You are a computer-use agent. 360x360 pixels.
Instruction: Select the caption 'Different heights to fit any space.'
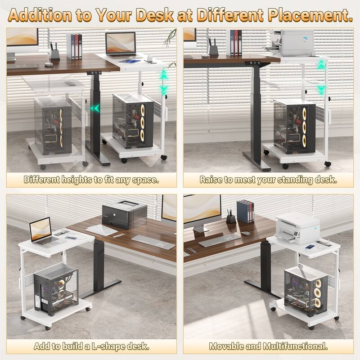tap(91, 180)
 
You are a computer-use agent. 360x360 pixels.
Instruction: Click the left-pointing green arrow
tap(94, 108)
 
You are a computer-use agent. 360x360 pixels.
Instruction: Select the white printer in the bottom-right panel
tap(297, 228)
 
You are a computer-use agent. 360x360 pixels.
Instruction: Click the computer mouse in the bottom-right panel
tap(246, 233)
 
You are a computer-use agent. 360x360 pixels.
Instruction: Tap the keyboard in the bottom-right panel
tap(220, 240)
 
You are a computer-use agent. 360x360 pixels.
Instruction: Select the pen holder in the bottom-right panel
tap(231, 218)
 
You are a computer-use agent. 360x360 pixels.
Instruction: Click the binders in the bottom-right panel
tap(245, 211)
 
